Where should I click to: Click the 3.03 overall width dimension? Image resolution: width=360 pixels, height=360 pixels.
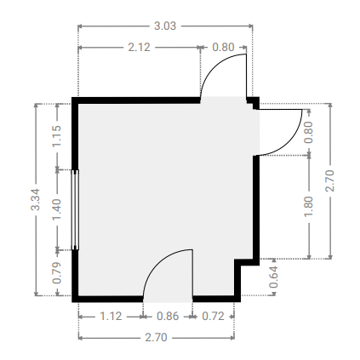tap(165, 26)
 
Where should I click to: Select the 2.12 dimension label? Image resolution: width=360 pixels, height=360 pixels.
tap(139, 47)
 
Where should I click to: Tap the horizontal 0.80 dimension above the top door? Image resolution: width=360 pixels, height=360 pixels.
tap(223, 47)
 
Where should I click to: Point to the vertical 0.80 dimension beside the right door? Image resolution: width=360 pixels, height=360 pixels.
tap(308, 132)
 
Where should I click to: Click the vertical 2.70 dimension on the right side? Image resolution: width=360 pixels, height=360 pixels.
tap(329, 181)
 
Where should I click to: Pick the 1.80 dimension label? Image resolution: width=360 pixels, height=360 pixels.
tap(308, 207)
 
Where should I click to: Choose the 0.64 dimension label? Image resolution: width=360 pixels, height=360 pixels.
tap(273, 277)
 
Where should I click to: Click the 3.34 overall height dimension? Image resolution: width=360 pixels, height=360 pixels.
tap(36, 200)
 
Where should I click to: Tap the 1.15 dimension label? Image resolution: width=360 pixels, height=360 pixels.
tap(57, 136)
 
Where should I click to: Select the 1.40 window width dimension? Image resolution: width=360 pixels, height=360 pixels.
tap(57, 209)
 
